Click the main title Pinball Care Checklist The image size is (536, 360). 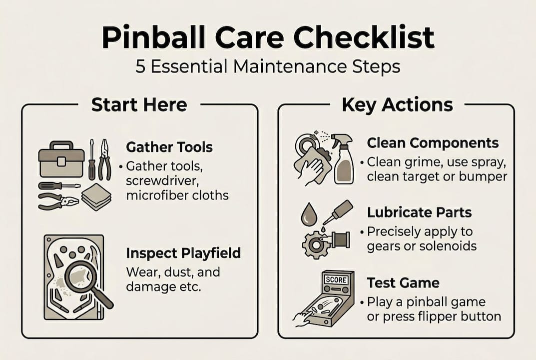coord(268,38)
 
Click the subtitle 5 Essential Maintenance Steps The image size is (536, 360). coord(268,66)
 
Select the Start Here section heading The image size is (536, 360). coord(139,104)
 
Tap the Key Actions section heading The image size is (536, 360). coord(397,104)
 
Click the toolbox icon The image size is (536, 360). coord(60,159)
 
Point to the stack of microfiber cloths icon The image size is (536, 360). coord(96,197)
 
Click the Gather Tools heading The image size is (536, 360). coord(169,147)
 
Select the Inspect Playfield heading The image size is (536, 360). coord(183,253)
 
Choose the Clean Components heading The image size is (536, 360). coord(433,143)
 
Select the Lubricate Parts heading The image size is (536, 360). coord(419,212)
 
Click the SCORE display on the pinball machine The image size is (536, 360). coord(336,280)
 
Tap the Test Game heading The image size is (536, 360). coord(403,282)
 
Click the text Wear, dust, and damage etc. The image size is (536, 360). coord(173,280)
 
